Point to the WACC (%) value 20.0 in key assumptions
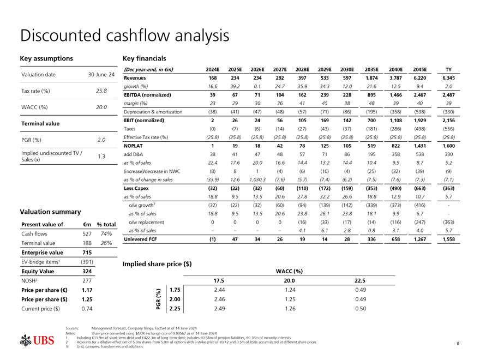tap(99, 107)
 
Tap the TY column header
tap(448, 70)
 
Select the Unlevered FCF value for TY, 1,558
tap(448, 239)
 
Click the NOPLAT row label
tap(134, 147)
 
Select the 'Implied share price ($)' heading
tap(157, 264)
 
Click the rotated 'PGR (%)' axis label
tap(158, 298)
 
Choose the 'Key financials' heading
tap(145, 58)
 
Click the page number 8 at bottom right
tap(457, 344)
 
